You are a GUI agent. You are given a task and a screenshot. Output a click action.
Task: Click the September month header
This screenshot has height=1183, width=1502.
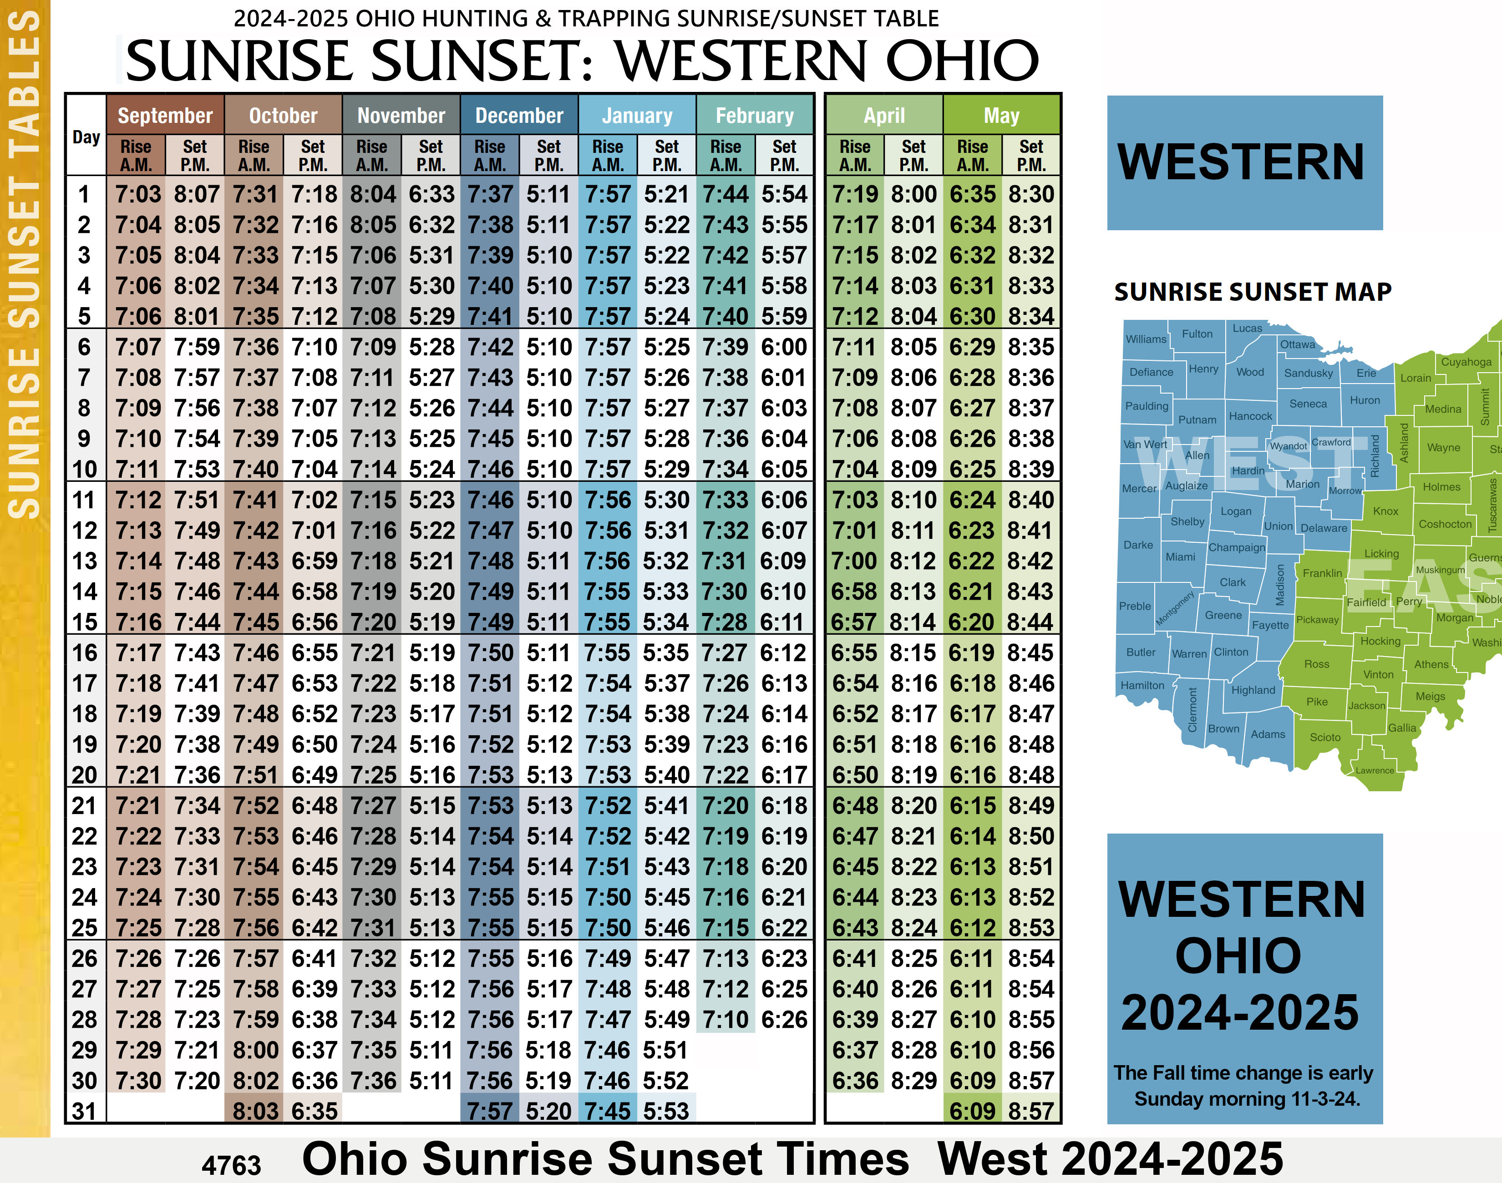pyautogui.click(x=165, y=115)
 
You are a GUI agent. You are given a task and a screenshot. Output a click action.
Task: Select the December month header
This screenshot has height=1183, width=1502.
pyautogui.click(x=519, y=115)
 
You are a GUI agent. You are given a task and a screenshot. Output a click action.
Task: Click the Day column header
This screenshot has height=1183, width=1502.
pyautogui.click(x=86, y=137)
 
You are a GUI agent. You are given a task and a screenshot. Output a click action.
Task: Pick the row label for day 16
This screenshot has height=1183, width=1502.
pyautogui.click(x=85, y=653)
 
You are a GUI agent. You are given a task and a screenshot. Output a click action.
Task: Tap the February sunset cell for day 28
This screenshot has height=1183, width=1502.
pyautogui.click(x=784, y=1020)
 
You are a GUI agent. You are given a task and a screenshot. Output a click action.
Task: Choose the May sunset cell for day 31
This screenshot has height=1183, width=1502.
pyautogui.click(x=1031, y=1112)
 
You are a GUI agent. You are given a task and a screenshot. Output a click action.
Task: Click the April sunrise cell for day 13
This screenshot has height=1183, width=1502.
pyautogui.click(x=854, y=561)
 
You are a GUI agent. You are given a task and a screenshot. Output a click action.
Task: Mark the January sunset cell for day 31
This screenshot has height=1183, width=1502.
pyautogui.click(x=666, y=1112)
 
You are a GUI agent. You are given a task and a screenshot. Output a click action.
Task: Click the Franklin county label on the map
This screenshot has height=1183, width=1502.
pyautogui.click(x=1322, y=573)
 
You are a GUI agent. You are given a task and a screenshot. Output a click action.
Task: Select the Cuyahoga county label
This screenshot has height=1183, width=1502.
pyautogui.click(x=1466, y=362)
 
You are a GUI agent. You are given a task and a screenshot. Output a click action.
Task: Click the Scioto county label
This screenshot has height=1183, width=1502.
pyautogui.click(x=1324, y=738)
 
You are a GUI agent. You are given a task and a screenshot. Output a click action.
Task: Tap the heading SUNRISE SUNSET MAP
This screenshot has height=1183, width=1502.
pyautogui.click(x=1253, y=292)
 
